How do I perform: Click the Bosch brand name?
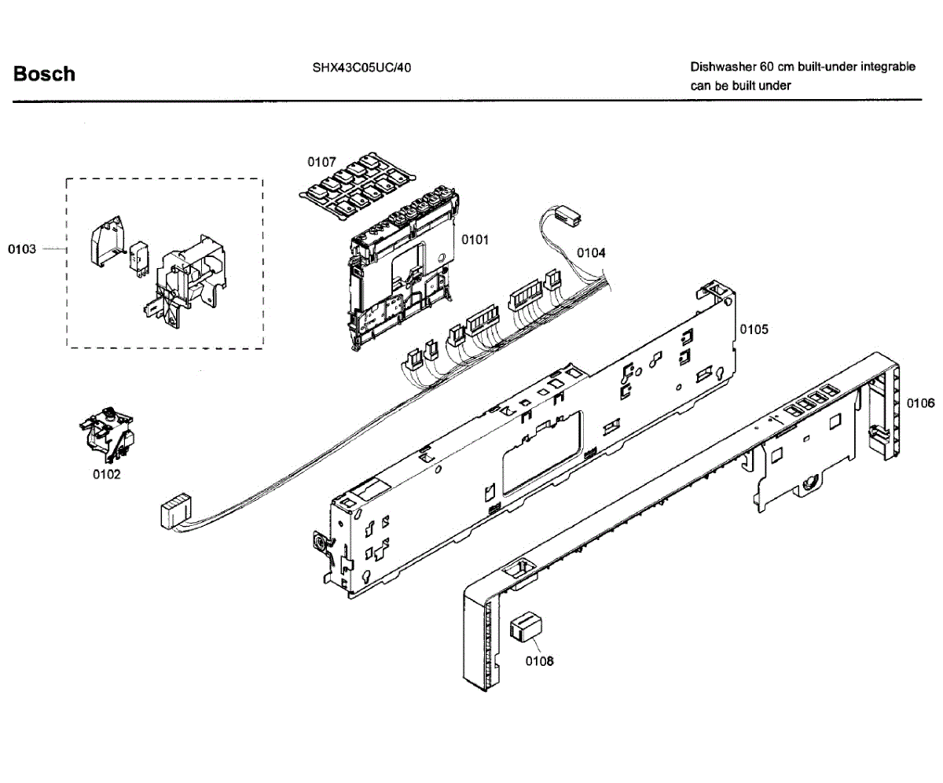[x=44, y=74]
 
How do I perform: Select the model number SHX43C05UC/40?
[x=361, y=68]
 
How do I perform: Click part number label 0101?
[x=475, y=239]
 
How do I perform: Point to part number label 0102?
[x=107, y=474]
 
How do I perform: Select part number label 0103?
[x=22, y=249]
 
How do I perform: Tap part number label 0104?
[x=591, y=252]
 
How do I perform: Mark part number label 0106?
[x=920, y=403]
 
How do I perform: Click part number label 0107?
[x=321, y=162]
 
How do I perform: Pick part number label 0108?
[x=539, y=661]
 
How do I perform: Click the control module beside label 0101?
[x=401, y=275]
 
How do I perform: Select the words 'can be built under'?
[x=740, y=86]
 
